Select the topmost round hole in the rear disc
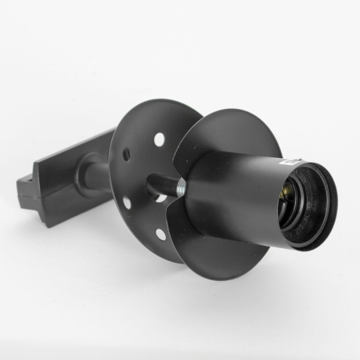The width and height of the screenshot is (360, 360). tap(159, 139)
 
